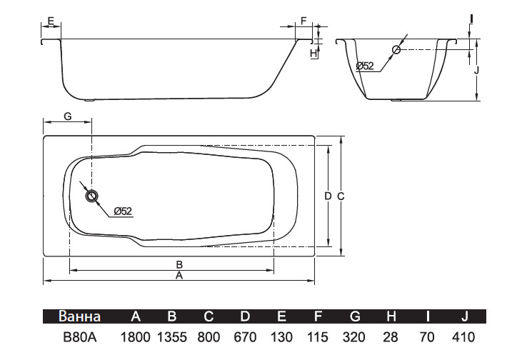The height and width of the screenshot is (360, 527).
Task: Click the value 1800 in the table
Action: click(x=135, y=337)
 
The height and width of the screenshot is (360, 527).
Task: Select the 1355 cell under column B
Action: click(x=172, y=337)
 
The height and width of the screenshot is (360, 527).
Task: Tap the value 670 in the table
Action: click(x=245, y=337)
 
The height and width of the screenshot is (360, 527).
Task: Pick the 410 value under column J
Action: click(x=463, y=337)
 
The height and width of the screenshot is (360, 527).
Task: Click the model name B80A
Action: click(x=80, y=337)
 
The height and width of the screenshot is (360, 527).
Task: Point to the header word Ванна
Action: click(x=79, y=316)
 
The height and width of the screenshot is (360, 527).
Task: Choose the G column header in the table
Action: click(x=355, y=316)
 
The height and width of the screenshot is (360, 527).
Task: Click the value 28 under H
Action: click(x=391, y=337)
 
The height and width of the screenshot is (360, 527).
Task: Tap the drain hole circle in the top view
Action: click(x=91, y=196)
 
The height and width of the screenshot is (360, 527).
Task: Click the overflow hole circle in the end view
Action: click(x=396, y=50)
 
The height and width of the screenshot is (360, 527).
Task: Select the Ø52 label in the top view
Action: click(x=123, y=211)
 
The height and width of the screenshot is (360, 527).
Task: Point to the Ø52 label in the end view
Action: click(x=365, y=66)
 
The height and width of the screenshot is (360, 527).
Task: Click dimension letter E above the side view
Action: click(x=51, y=21)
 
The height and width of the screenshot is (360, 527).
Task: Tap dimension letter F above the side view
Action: click(x=303, y=21)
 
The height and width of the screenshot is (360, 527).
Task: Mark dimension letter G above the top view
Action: click(x=68, y=116)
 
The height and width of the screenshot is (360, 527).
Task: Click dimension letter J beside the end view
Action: click(x=476, y=70)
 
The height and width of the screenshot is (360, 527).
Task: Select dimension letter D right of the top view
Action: click(x=328, y=196)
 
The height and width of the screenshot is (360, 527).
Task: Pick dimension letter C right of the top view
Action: click(x=341, y=196)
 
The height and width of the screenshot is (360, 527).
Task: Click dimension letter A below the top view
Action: click(x=179, y=276)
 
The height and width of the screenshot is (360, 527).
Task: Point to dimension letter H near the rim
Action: click(x=313, y=53)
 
